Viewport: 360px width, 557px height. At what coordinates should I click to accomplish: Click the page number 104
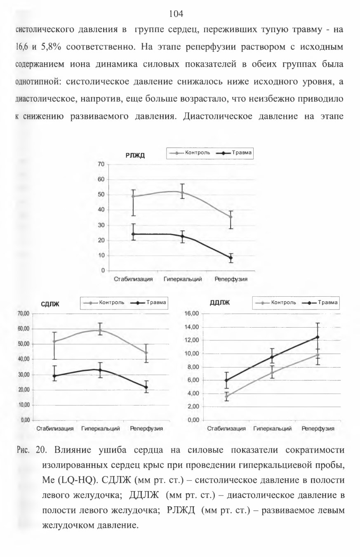176,14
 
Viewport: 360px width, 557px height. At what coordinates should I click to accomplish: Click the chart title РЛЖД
135,156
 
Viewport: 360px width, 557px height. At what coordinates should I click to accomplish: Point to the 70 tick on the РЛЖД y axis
101,164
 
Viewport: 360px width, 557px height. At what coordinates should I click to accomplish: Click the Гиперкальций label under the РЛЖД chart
183,279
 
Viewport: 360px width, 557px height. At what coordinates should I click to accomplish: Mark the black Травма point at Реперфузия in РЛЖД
231,257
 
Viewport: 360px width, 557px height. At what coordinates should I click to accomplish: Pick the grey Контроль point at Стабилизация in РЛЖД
133,196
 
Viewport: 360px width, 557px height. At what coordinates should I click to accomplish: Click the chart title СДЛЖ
50,304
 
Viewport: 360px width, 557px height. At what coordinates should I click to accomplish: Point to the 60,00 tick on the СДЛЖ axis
24,329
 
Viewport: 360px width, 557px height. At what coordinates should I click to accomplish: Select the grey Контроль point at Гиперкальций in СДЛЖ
100,330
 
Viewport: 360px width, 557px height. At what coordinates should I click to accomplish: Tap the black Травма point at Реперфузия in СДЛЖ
146,387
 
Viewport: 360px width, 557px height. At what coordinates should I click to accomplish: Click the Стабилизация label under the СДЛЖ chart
55,428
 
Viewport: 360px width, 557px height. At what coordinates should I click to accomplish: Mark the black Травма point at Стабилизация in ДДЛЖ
226,380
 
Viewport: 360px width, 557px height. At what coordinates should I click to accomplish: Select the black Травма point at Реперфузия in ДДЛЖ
317,337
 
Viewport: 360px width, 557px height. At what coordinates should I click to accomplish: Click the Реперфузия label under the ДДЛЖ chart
318,428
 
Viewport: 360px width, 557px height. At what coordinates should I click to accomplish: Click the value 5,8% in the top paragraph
51,47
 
